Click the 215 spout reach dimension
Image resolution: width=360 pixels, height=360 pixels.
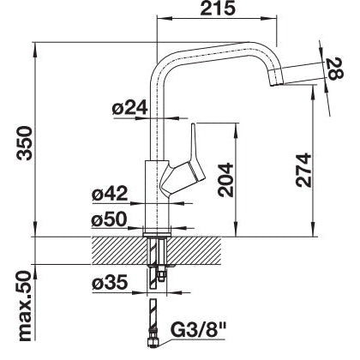218,9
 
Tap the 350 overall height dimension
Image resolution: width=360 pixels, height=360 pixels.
24,143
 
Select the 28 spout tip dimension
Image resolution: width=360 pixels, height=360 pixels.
334,69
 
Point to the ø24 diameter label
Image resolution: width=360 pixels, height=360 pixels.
130,108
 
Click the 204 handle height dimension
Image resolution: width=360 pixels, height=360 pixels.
225,180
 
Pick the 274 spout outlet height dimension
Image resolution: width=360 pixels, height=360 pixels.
303,171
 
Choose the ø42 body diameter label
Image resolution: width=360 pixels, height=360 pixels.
110,194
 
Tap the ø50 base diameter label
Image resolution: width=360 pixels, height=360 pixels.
109,219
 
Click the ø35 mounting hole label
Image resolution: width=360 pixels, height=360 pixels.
110,283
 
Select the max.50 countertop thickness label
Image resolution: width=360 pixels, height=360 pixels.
24,306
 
